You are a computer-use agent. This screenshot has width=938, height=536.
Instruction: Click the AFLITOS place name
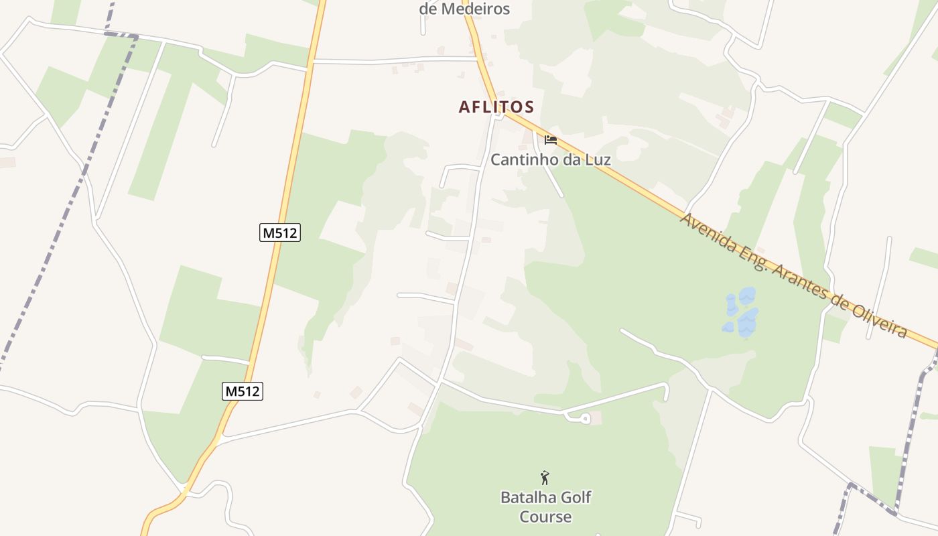[x=496, y=107]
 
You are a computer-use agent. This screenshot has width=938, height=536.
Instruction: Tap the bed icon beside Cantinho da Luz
[x=551, y=140]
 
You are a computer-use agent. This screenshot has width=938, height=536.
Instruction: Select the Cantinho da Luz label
[x=551, y=159]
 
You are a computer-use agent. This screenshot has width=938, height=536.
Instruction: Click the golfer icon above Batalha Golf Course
[x=545, y=478]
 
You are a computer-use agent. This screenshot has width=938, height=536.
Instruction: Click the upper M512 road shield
[x=280, y=232]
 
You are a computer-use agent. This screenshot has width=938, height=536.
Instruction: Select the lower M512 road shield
[x=243, y=391]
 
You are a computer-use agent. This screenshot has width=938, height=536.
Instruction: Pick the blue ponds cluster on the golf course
[x=740, y=313]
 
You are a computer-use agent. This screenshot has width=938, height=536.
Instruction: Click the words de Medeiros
[x=464, y=9]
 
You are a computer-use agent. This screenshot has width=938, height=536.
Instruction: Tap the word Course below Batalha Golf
[x=545, y=517]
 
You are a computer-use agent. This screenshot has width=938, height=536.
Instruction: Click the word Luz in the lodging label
[x=597, y=159]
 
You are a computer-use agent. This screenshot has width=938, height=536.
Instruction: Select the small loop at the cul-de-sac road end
[x=584, y=419]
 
